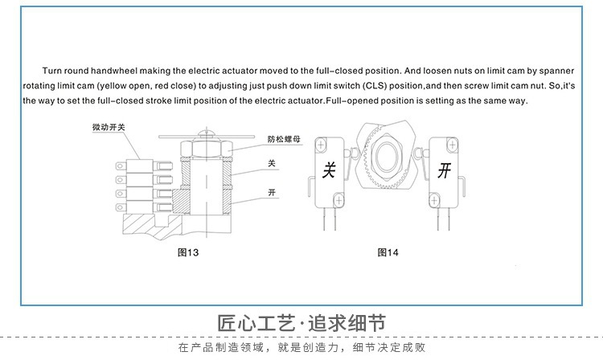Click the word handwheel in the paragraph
coord(114,71)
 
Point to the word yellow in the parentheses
coord(113,86)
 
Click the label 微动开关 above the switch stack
coord(109,127)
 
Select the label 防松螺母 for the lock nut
coord(284,139)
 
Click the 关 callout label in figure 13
coord(272,163)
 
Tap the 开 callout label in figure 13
coord(272,192)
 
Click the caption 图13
coord(188,252)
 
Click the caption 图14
coord(388,252)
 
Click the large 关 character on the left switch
coord(329,170)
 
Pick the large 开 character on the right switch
coord(444,170)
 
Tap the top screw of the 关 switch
coord(321,145)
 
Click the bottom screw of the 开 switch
coord(434,200)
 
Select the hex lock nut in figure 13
coord(207,148)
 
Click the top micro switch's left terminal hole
coord(121,166)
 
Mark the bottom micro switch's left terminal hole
coord(121,208)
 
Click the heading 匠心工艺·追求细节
coord(301,323)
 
